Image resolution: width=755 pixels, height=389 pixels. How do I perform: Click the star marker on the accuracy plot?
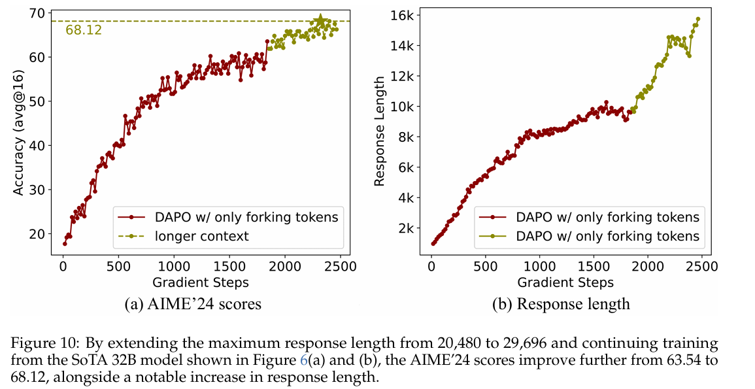[320, 20]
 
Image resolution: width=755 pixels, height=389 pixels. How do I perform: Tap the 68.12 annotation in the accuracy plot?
[84, 30]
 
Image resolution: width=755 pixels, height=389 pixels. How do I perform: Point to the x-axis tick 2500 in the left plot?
[339, 266]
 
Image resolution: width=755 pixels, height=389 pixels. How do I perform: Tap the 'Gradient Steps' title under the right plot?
[565, 282]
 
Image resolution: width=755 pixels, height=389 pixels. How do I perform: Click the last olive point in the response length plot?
[697, 19]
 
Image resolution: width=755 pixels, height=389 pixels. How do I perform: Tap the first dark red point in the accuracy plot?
[64, 244]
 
